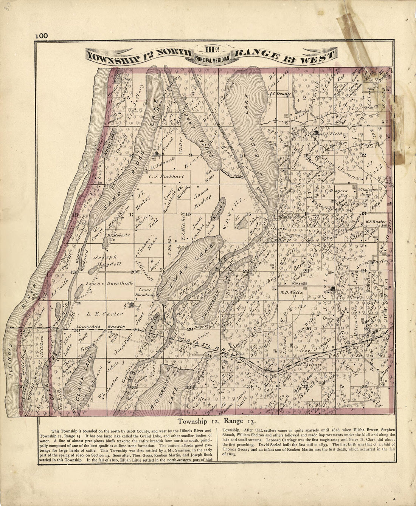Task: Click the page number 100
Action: (x=42, y=36)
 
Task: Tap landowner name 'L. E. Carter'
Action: (x=105, y=314)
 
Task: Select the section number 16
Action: (x=187, y=214)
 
